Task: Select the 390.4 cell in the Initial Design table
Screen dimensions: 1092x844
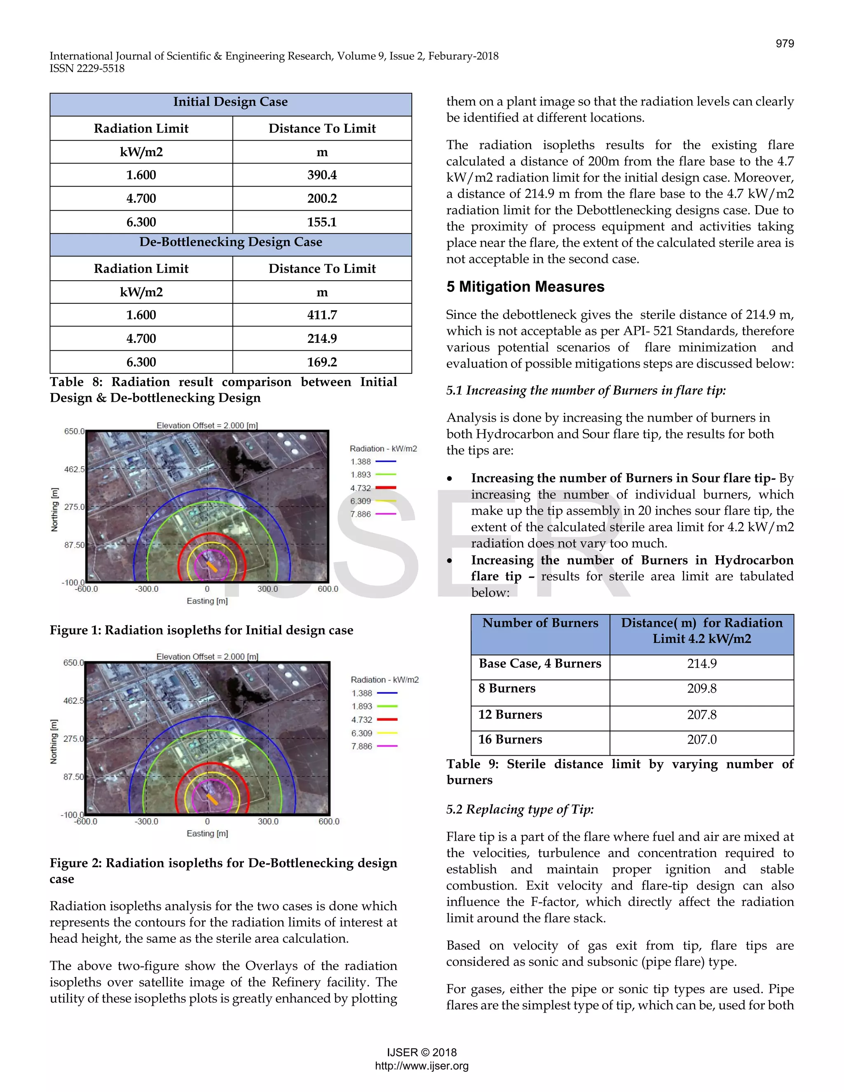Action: click(322, 175)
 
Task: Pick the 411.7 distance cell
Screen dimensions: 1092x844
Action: click(322, 315)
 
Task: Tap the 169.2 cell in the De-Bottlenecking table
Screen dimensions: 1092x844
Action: click(322, 362)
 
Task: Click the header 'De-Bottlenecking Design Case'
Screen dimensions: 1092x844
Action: click(230, 242)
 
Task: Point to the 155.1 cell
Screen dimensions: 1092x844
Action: click(322, 222)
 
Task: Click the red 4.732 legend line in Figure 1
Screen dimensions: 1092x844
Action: click(385, 487)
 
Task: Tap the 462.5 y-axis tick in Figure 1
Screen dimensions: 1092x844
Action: click(74, 469)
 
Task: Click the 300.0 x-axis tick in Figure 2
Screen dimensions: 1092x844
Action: click(268, 822)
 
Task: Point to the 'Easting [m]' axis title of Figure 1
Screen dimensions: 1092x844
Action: click(207, 601)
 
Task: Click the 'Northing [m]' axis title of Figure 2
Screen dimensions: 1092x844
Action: click(54, 741)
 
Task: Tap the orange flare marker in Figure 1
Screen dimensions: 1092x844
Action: click(212, 567)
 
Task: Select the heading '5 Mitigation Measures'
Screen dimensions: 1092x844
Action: click(525, 286)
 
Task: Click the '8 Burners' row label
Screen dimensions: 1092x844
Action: click(506, 689)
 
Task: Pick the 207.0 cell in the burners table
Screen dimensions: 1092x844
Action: click(701, 740)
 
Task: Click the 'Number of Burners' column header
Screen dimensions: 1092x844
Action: click(540, 623)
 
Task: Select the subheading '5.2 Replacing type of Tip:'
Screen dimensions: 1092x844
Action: click(520, 809)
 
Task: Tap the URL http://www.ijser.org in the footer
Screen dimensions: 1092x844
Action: click(422, 1066)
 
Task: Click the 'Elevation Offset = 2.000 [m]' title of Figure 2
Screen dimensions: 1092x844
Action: click(207, 656)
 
